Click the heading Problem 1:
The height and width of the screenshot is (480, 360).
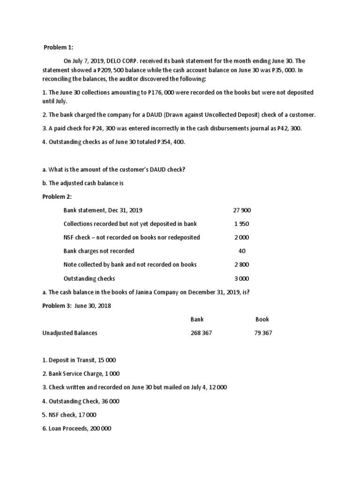coord(59,47)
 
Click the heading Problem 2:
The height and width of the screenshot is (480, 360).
coord(57,196)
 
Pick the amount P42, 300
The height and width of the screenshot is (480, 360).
coord(287,128)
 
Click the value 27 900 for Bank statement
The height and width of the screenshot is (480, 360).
coord(242,210)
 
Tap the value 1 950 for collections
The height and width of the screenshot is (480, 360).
coord(242,224)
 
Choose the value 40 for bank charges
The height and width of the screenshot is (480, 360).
coord(242,251)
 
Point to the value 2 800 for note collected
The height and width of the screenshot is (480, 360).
coord(242,264)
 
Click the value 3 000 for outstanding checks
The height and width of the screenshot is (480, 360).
coord(242,278)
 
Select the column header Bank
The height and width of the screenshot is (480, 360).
coord(197,319)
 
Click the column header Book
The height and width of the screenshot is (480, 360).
coord(262,319)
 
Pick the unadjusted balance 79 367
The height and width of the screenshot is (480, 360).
coord(262,333)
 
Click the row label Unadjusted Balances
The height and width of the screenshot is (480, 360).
coord(70,333)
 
